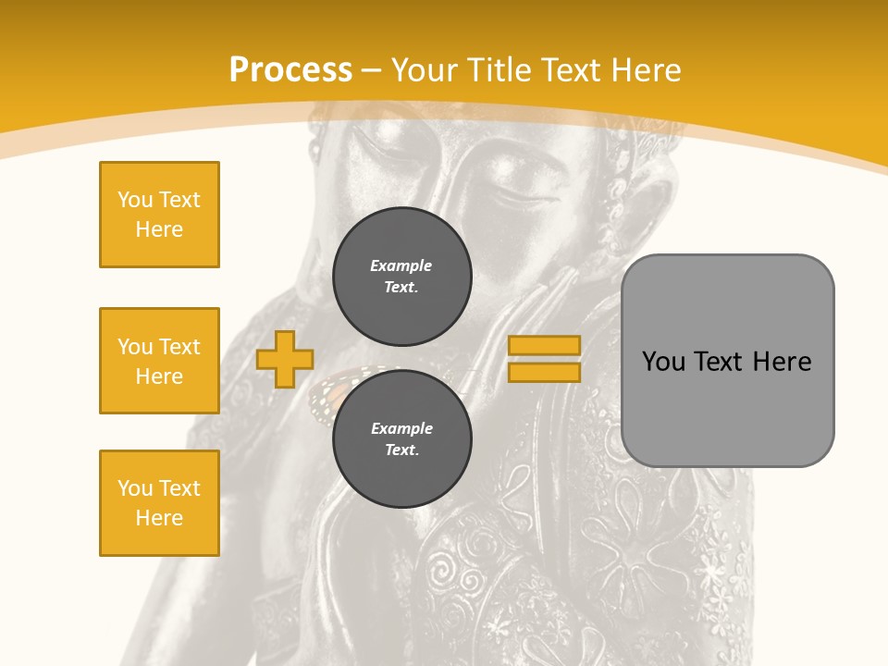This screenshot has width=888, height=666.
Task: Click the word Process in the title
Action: coord(290,70)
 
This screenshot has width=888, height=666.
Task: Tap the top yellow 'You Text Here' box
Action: coord(159,215)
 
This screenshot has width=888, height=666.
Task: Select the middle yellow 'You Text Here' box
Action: coord(159,361)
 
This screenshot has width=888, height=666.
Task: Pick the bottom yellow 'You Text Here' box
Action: coord(159,503)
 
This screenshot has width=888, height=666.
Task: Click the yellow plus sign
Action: coord(285,359)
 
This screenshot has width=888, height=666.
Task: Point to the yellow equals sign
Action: coord(544,359)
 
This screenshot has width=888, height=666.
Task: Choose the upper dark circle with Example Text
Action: coord(401,276)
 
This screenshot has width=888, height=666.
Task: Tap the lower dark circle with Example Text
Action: coord(401,438)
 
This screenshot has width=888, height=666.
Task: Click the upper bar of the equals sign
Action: coord(544,346)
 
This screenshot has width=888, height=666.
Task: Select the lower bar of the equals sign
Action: coord(544,372)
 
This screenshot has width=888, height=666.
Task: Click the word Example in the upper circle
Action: coord(401,265)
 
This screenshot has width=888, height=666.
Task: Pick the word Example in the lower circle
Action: coord(401,428)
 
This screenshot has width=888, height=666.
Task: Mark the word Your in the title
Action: coord(424,70)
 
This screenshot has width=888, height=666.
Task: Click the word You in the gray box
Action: coord(663,362)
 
